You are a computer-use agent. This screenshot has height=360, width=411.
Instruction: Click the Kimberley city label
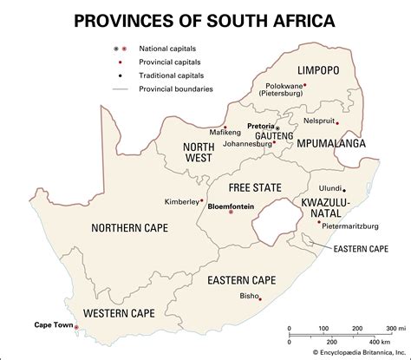pos(182,202)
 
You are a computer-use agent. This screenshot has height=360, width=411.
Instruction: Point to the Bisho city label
pos(247,297)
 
